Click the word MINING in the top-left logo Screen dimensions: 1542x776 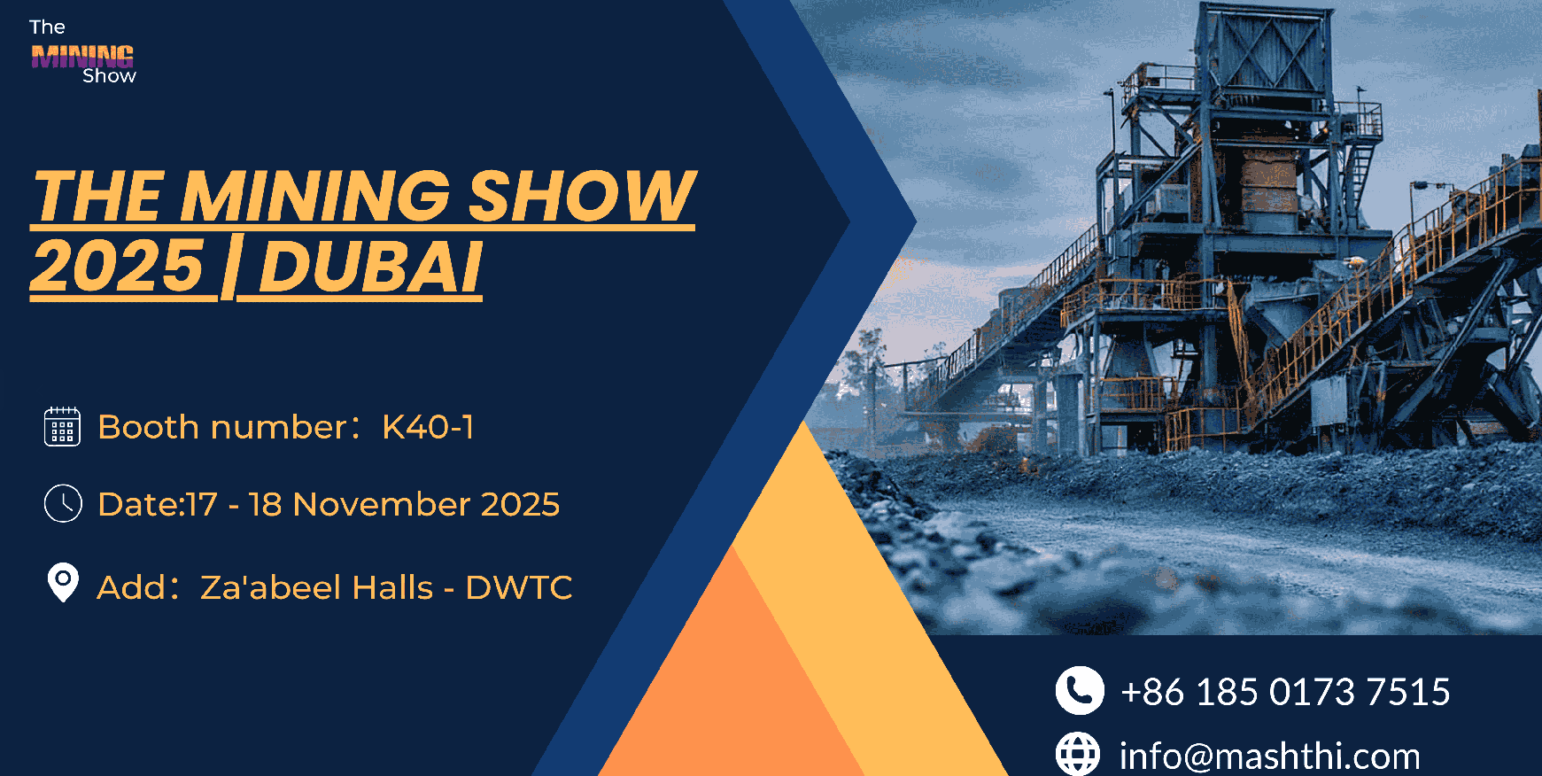pyautogui.click(x=82, y=57)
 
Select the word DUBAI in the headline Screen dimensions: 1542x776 pyautogui.click(x=371, y=266)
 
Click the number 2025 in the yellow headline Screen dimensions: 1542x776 pyautogui.click(x=118, y=266)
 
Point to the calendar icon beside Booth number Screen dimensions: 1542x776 pyautogui.click(x=62, y=426)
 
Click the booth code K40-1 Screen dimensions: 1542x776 pyautogui.click(x=428, y=427)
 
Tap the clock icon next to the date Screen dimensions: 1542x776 pyautogui.click(x=63, y=503)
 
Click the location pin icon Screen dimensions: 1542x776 pyautogui.click(x=63, y=583)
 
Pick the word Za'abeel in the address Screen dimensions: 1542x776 pyautogui.click(x=273, y=586)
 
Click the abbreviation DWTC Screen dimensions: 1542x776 pyautogui.click(x=519, y=587)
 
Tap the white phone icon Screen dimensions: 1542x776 pyautogui.click(x=1080, y=690)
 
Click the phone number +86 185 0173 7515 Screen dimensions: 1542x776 pyautogui.click(x=1285, y=692)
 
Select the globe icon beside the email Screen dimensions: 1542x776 pyautogui.click(x=1078, y=754)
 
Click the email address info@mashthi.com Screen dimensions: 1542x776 pyautogui.click(x=1269, y=757)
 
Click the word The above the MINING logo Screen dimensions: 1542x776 pyautogui.click(x=47, y=27)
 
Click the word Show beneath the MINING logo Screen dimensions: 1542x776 pyautogui.click(x=109, y=76)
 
